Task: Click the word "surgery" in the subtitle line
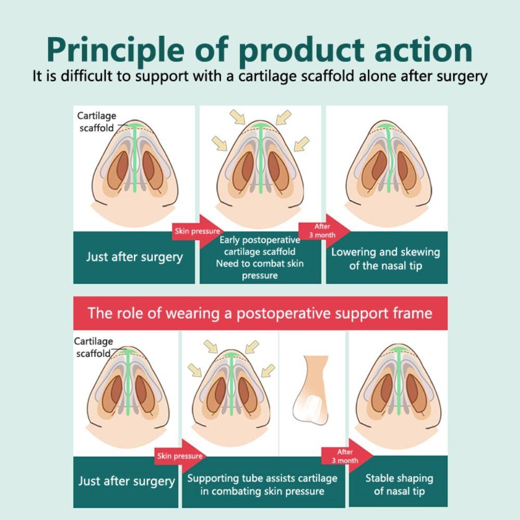click(458, 76)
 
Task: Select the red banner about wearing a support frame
click(260, 313)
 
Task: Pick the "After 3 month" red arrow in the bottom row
click(346, 457)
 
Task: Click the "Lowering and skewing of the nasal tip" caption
click(386, 258)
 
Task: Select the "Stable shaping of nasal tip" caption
click(399, 484)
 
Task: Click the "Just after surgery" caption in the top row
click(134, 257)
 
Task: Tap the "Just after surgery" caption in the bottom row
click(126, 480)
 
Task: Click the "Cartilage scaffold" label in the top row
click(97, 122)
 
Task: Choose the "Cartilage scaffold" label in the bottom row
click(94, 347)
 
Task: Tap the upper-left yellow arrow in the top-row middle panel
click(238, 117)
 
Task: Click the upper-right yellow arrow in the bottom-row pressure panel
click(252, 346)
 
